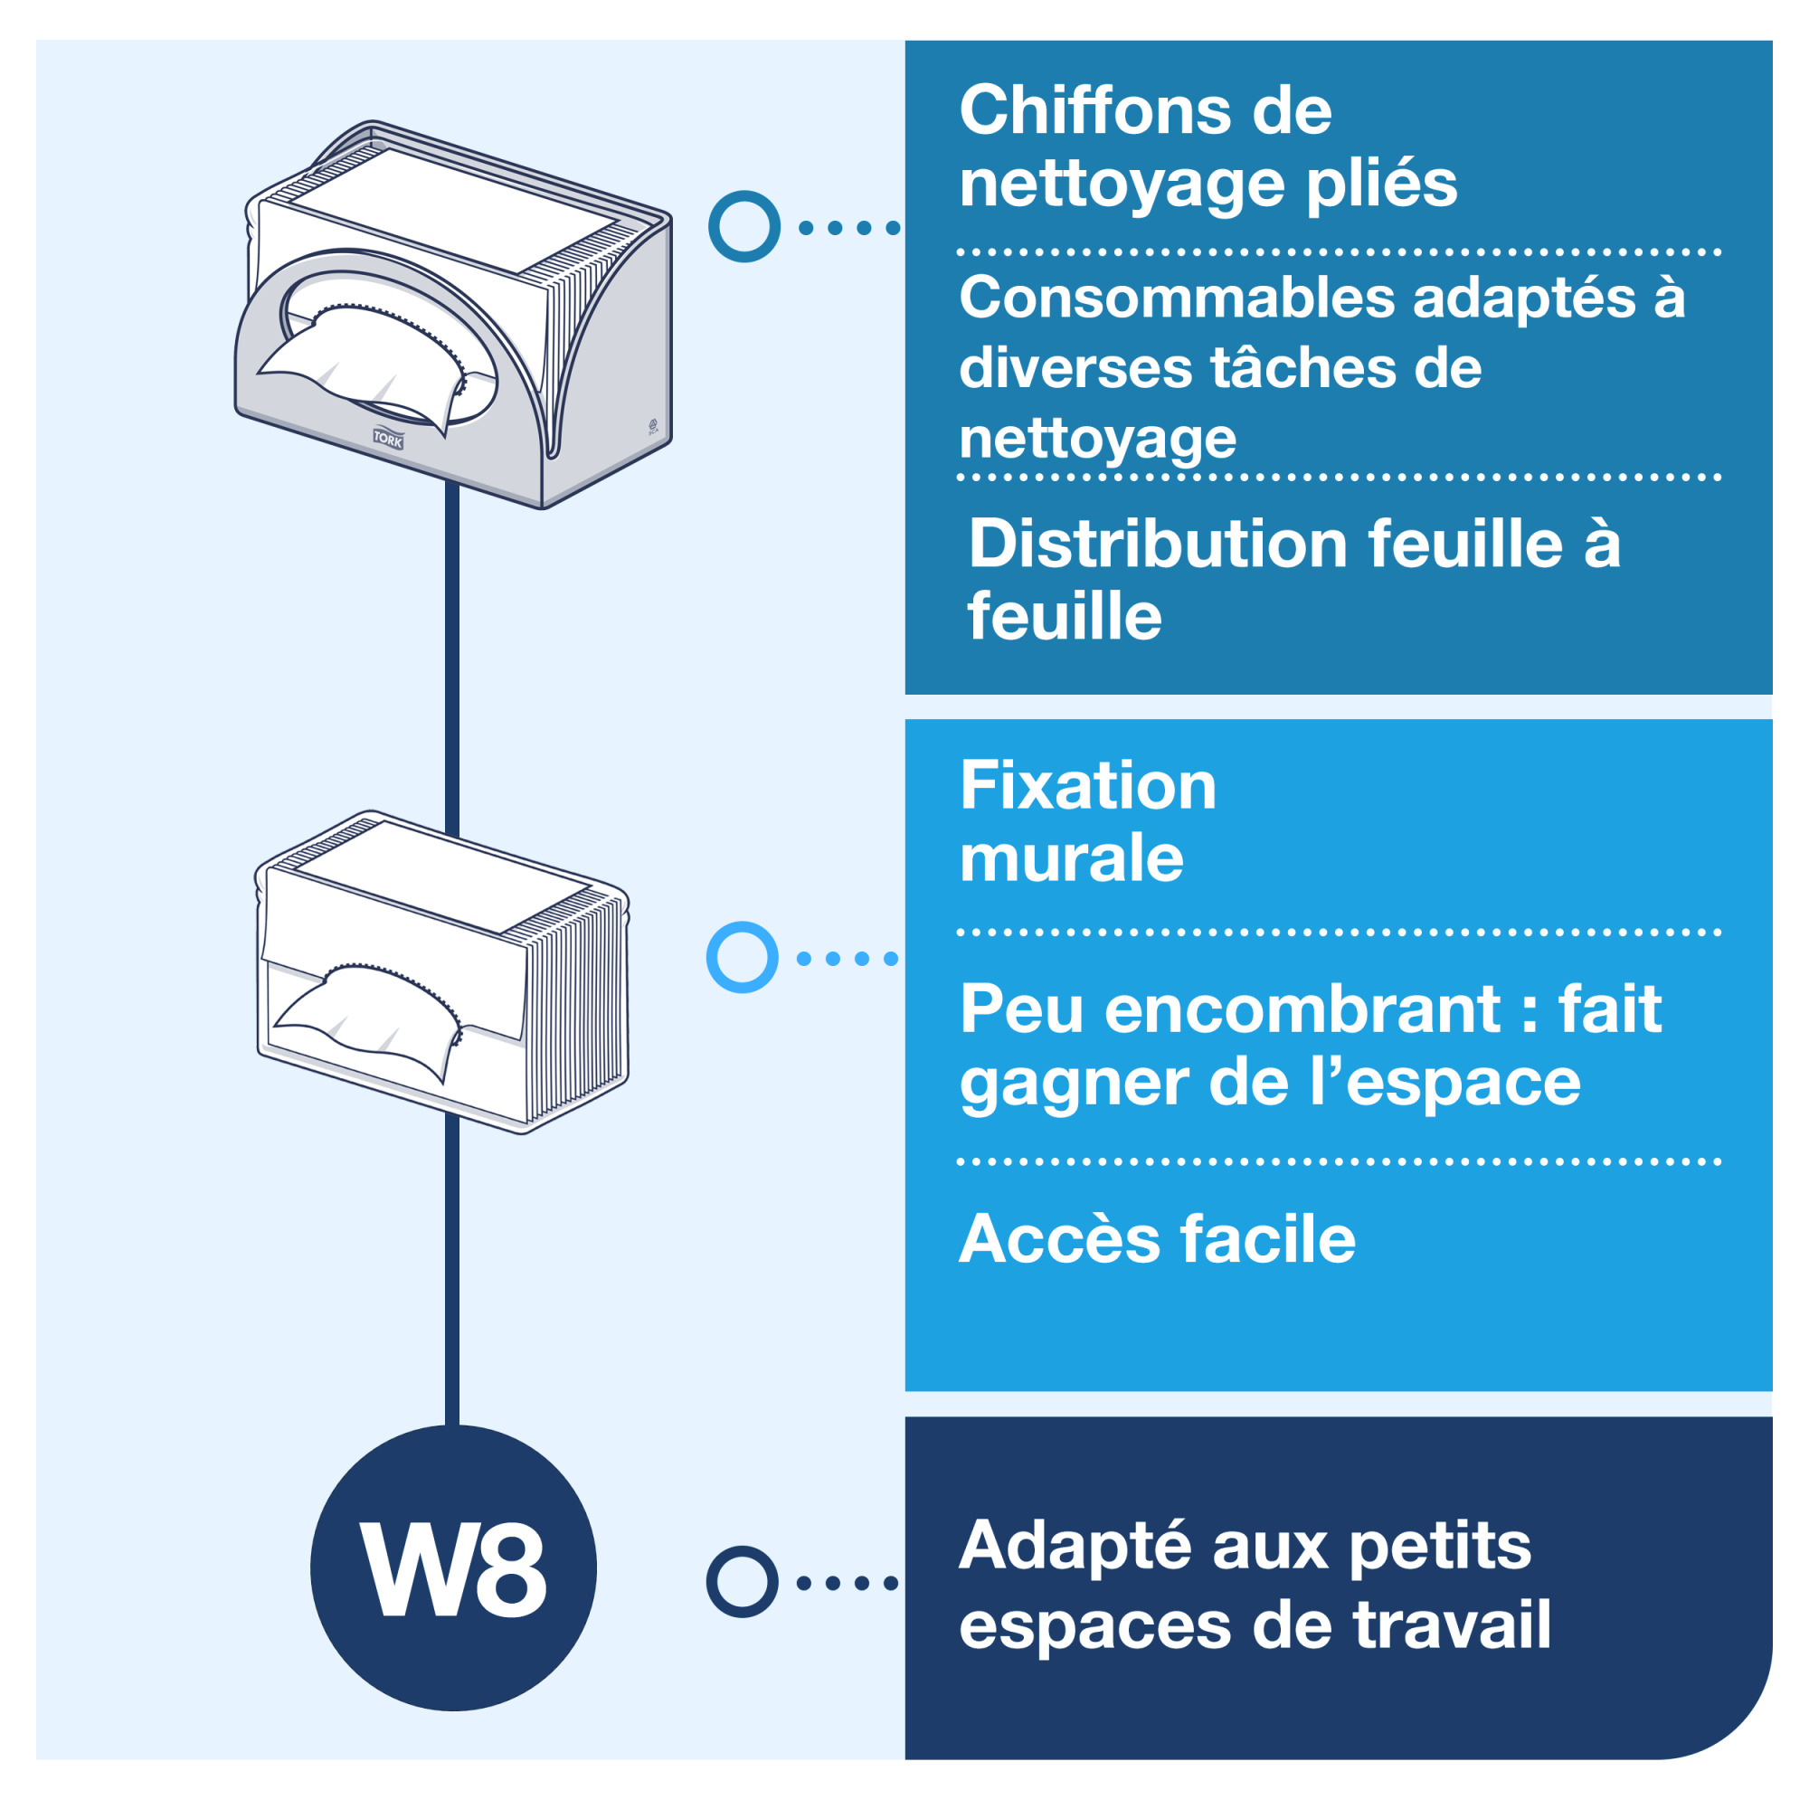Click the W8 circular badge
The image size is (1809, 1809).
point(453,1568)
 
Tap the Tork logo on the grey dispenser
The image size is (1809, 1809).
point(388,438)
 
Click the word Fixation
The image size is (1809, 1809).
point(1088,786)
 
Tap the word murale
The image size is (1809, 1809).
point(1071,858)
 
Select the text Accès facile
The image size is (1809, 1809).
point(1158,1239)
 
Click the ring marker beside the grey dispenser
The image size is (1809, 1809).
point(744,227)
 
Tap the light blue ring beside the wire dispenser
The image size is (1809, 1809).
point(743,957)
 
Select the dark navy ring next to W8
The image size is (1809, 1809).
point(743,1581)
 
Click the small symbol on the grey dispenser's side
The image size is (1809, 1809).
point(654,426)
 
